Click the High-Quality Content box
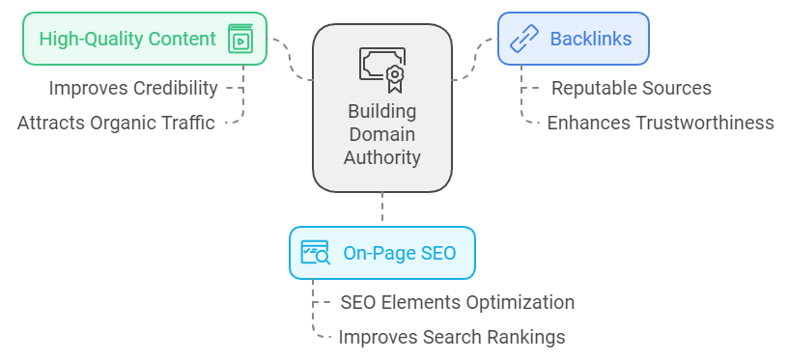[x=144, y=39]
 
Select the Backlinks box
[x=573, y=39]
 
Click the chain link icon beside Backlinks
[x=523, y=40]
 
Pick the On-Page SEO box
[x=382, y=253]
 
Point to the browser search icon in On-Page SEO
[x=315, y=253]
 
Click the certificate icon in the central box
[x=382, y=66]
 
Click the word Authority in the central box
[x=382, y=156]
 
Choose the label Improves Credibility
[x=133, y=88]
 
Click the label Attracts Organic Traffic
[x=116, y=123]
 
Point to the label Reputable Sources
[x=631, y=88]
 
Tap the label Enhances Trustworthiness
[x=660, y=123]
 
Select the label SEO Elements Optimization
[x=457, y=302]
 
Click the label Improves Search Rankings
[x=451, y=337]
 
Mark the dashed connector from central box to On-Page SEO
[x=382, y=208]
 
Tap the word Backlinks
[x=590, y=40]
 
